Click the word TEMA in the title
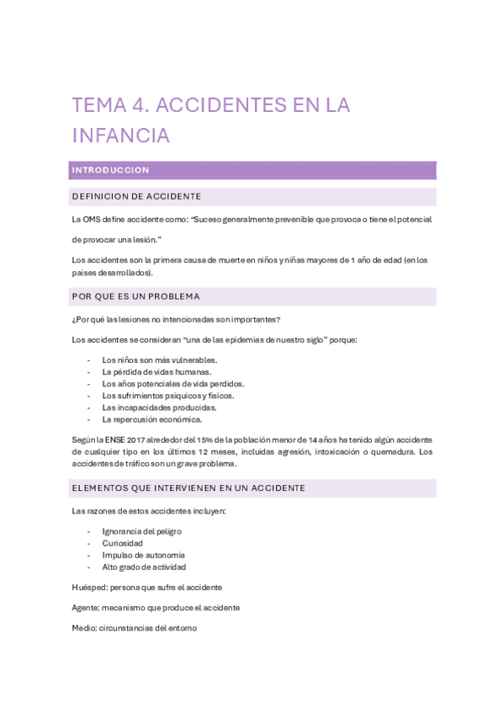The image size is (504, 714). pos(97,105)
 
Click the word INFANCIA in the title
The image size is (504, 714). pos(121,135)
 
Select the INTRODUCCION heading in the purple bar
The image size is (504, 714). pos(111,170)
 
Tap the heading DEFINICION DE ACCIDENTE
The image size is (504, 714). pos(137,197)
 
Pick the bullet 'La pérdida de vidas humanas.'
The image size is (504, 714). pos(157,372)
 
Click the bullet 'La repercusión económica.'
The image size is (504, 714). pos(151,419)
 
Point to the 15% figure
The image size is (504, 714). pos(205,440)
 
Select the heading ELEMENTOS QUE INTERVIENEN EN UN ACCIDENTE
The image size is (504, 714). pos(189,488)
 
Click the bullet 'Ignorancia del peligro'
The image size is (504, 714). pos(141,532)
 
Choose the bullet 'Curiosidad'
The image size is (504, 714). pos(122,544)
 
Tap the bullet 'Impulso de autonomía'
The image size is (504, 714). pos(143,556)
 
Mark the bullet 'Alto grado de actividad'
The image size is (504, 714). pos(144,567)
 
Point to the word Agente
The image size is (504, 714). pos(86,607)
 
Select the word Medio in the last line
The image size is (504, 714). pos(84,627)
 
